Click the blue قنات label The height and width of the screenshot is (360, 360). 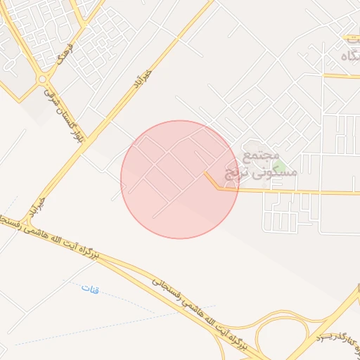click(x=91, y=288)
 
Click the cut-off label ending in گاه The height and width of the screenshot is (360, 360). click(x=349, y=53)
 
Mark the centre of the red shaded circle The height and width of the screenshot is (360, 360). click(x=180, y=179)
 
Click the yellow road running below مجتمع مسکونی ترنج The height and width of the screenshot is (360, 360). click(x=295, y=191)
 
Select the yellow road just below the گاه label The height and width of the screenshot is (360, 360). click(x=341, y=75)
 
